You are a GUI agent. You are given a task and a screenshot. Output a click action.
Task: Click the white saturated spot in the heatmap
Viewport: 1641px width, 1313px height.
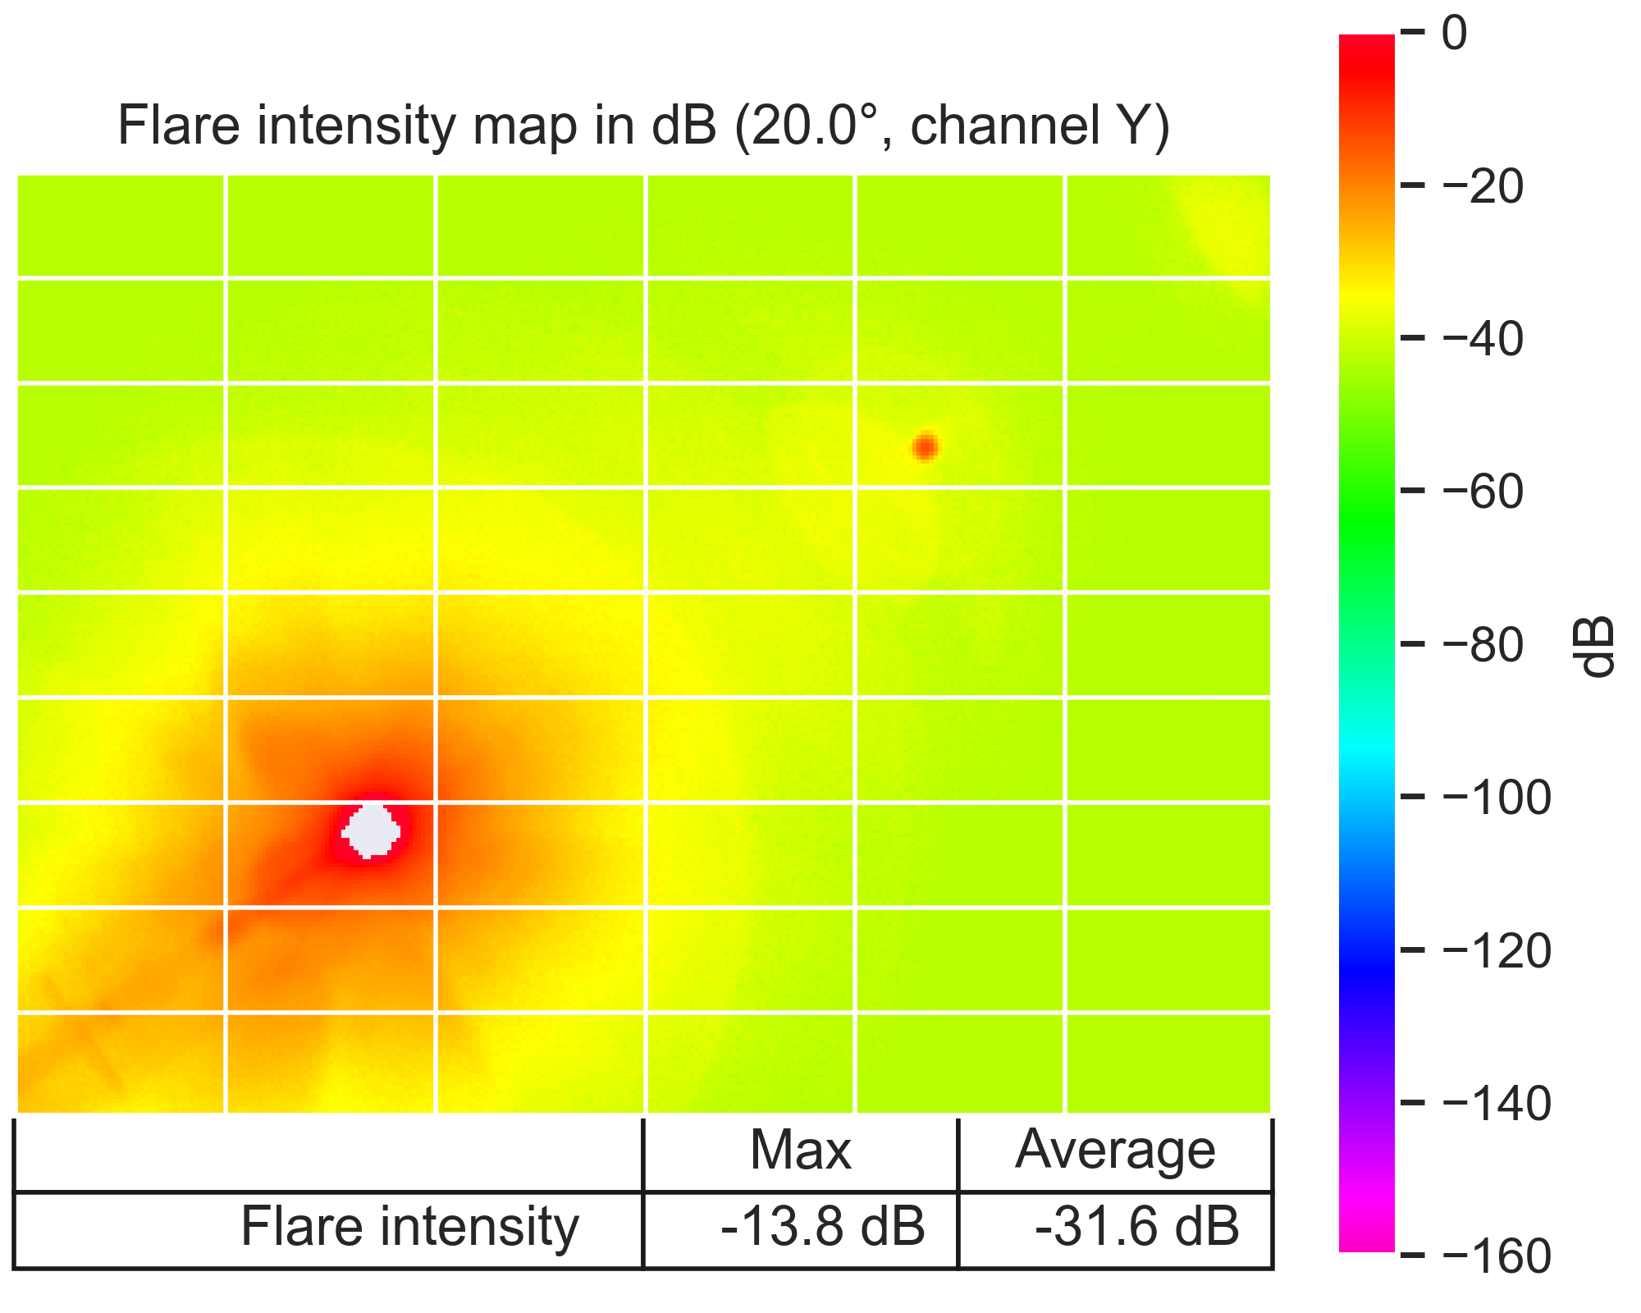coord(371,831)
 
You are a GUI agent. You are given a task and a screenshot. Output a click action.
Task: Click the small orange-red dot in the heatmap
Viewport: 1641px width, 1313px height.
coord(926,447)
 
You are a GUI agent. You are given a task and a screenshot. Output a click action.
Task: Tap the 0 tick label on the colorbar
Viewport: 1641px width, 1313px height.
coord(1454,34)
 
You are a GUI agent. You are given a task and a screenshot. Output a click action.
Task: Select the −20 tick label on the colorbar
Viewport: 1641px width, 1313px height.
coord(1482,186)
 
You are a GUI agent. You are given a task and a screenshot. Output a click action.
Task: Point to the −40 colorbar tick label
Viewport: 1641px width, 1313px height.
coord(1482,338)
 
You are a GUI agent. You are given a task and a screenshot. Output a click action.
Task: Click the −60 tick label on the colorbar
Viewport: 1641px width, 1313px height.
coord(1482,492)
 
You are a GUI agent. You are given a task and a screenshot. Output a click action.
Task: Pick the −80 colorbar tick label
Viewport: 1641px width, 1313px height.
coord(1482,645)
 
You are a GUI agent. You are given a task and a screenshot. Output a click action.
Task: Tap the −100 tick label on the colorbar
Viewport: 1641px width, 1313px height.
coord(1496,797)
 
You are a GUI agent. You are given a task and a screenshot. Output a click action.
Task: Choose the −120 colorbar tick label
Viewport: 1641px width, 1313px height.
coord(1496,950)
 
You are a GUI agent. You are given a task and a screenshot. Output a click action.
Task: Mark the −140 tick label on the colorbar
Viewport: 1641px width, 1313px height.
coord(1496,1103)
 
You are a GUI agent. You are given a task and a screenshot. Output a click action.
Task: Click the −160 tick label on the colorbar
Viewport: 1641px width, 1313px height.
coord(1496,1256)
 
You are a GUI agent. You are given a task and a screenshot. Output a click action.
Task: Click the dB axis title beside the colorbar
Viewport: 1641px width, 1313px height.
coord(1597,647)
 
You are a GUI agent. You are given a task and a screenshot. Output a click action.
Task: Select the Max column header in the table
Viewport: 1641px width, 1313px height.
coord(800,1151)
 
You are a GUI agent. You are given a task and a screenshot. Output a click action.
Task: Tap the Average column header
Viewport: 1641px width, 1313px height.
coord(1115,1151)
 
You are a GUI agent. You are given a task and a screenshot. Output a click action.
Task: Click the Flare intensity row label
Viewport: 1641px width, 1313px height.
coord(409,1228)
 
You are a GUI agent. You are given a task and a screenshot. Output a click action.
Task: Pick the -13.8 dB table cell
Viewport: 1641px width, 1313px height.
coord(822,1228)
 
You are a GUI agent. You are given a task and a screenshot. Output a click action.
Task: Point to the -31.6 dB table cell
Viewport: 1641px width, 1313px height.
coord(1136,1228)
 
